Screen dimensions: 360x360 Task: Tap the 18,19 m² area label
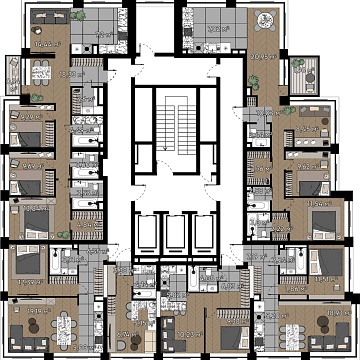coord(39,312)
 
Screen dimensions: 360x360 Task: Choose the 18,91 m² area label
coord(332,312)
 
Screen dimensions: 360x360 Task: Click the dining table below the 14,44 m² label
coord(42,70)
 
